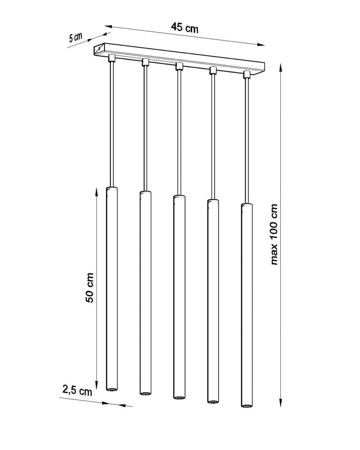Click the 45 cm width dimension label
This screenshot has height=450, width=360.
pyautogui.click(x=184, y=27)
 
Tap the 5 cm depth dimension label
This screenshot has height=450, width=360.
pyautogui.click(x=76, y=37)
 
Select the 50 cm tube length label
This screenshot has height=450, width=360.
pyautogui.click(x=90, y=288)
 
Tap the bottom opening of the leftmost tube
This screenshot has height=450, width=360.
pyautogui.click(x=112, y=389)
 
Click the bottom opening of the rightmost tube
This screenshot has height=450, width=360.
pyautogui.click(x=247, y=406)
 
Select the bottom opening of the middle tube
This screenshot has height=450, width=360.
pyautogui.click(x=179, y=397)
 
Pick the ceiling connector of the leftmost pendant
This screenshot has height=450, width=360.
pyautogui.click(x=112, y=58)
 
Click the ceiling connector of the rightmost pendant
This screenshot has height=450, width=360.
pyautogui.click(x=246, y=74)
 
